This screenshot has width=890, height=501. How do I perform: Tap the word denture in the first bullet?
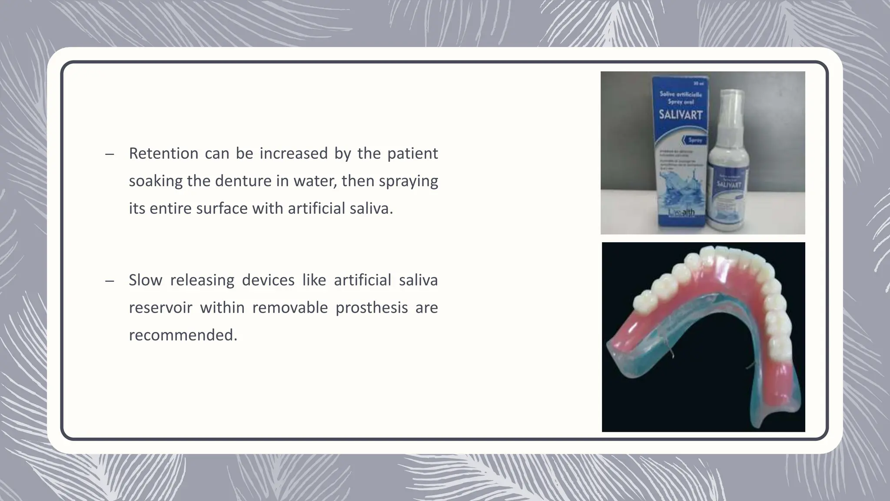tap(243, 181)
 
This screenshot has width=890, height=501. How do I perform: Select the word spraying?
tap(408, 181)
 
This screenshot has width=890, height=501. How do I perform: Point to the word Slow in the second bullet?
tap(145, 280)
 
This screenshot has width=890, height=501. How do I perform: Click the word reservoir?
tap(160, 307)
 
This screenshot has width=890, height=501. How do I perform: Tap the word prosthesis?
tap(372, 307)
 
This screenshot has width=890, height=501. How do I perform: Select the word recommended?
tap(183, 335)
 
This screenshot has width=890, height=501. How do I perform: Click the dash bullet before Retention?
tap(110, 154)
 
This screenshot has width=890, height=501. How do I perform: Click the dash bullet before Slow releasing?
tap(110, 281)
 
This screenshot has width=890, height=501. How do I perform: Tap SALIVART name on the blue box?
tap(681, 116)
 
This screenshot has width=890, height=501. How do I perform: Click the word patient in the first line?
tap(412, 154)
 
